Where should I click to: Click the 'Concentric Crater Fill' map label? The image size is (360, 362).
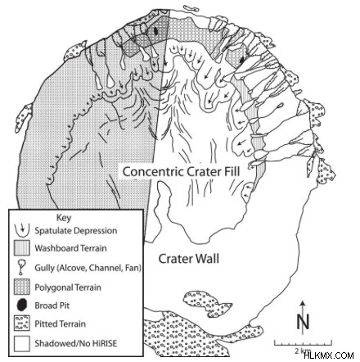[181, 172]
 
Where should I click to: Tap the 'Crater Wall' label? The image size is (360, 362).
[189, 259]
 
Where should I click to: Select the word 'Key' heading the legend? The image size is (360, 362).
[64, 218]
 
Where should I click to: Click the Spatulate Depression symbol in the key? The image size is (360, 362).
[22, 230]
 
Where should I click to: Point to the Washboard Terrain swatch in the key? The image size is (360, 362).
[22, 248]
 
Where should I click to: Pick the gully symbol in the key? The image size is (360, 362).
[21, 267]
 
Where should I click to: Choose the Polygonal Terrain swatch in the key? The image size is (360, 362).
[22, 287]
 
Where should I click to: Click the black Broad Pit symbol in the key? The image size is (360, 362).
[22, 305]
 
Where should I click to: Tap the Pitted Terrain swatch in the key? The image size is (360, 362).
[22, 324]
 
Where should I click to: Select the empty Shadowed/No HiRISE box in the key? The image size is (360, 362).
[22, 343]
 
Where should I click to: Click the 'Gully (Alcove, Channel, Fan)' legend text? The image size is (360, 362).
[88, 268]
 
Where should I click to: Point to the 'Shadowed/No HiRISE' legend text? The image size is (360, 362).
[75, 343]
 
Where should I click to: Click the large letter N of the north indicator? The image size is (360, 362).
[303, 322]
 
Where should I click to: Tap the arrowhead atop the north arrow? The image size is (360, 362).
[303, 303]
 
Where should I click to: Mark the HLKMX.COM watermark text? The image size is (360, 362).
[329, 355]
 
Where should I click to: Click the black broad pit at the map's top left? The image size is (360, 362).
[155, 30]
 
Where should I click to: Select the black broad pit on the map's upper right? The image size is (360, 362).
[241, 61]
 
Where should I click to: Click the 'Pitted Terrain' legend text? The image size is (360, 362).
[60, 324]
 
